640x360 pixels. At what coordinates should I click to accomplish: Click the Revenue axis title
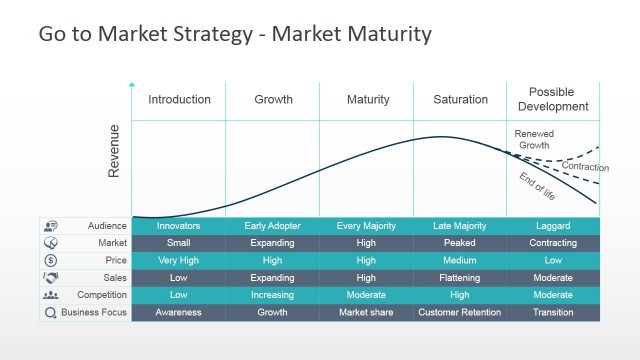tap(114, 151)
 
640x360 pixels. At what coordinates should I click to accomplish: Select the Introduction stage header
tap(179, 100)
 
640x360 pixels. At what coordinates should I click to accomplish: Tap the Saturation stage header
tap(460, 100)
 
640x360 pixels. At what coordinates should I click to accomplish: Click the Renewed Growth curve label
tap(534, 139)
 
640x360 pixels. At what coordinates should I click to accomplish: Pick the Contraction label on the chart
tap(585, 167)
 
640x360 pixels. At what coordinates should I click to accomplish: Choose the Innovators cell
tap(179, 226)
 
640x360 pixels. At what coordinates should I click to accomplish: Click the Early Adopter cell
tap(273, 226)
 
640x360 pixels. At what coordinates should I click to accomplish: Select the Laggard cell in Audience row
tap(553, 226)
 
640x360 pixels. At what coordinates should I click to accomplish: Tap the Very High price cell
tap(179, 260)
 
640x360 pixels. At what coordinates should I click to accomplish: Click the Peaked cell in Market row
tap(460, 243)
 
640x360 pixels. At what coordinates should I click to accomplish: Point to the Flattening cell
tap(460, 278)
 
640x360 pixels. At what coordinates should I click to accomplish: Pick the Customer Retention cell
tap(460, 312)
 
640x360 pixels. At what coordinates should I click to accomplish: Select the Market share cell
tap(366, 312)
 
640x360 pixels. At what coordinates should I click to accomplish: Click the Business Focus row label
tap(94, 312)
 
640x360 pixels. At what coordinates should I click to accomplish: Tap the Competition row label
tap(102, 295)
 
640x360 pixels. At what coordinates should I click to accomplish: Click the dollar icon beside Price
tap(51, 260)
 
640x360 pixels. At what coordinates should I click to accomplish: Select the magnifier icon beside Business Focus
tap(51, 312)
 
